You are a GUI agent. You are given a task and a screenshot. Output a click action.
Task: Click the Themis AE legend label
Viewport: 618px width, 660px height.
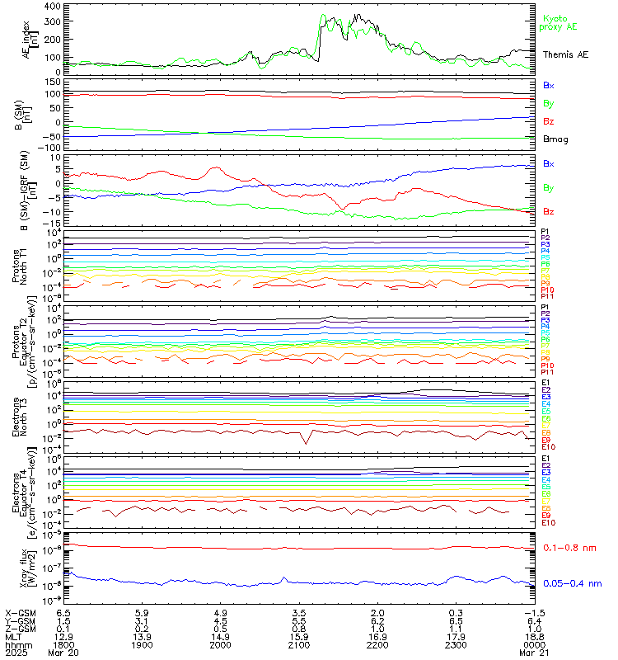(565, 54)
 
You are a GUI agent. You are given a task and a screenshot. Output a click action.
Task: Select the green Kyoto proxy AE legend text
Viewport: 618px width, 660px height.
(559, 22)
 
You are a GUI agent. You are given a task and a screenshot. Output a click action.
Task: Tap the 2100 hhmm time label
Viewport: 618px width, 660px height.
(299, 646)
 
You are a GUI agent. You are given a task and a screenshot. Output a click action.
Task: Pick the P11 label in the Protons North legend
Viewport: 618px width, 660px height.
(548, 296)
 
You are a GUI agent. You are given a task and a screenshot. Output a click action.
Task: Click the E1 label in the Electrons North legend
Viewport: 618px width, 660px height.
(546, 383)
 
